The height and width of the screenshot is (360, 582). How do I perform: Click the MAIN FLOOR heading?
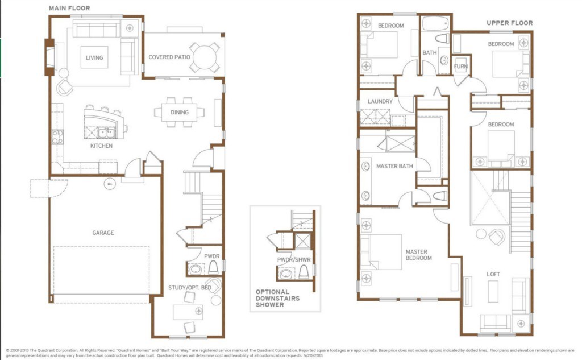(69, 8)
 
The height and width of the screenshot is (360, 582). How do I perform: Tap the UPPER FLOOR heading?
(510, 23)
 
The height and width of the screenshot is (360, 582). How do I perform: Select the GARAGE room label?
(103, 233)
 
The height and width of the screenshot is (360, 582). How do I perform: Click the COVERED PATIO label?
(169, 57)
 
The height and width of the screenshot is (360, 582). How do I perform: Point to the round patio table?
(205, 57)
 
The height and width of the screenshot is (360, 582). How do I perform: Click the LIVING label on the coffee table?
(94, 57)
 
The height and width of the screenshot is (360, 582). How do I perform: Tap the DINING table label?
(180, 112)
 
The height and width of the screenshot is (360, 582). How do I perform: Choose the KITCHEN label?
(101, 146)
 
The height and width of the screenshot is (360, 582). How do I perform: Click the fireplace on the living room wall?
(49, 57)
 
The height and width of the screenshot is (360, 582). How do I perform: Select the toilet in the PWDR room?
(213, 267)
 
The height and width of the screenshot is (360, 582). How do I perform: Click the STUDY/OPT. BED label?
(190, 288)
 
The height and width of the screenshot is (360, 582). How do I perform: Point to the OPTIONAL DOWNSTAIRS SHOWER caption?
(277, 299)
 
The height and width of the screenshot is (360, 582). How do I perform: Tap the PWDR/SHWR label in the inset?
(294, 260)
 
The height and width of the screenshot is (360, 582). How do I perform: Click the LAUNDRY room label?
(380, 101)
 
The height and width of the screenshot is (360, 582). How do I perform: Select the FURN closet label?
(460, 67)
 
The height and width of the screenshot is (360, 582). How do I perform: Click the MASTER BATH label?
(394, 166)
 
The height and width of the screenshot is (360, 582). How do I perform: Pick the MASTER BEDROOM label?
(418, 255)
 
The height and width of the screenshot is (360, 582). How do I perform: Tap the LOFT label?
(493, 274)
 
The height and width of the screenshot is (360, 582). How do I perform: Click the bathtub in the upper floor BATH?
(435, 24)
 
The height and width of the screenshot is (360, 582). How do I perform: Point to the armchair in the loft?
(497, 237)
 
